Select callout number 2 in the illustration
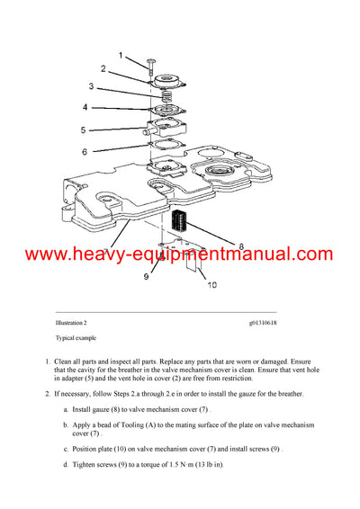103,68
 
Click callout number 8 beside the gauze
239,244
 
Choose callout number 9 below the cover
145,277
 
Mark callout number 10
212,286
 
